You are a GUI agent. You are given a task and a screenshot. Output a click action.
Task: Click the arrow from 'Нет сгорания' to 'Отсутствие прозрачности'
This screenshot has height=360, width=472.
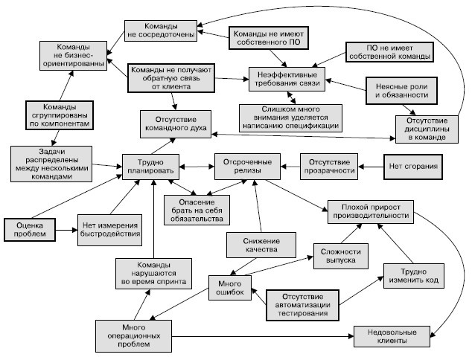point(371,163)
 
